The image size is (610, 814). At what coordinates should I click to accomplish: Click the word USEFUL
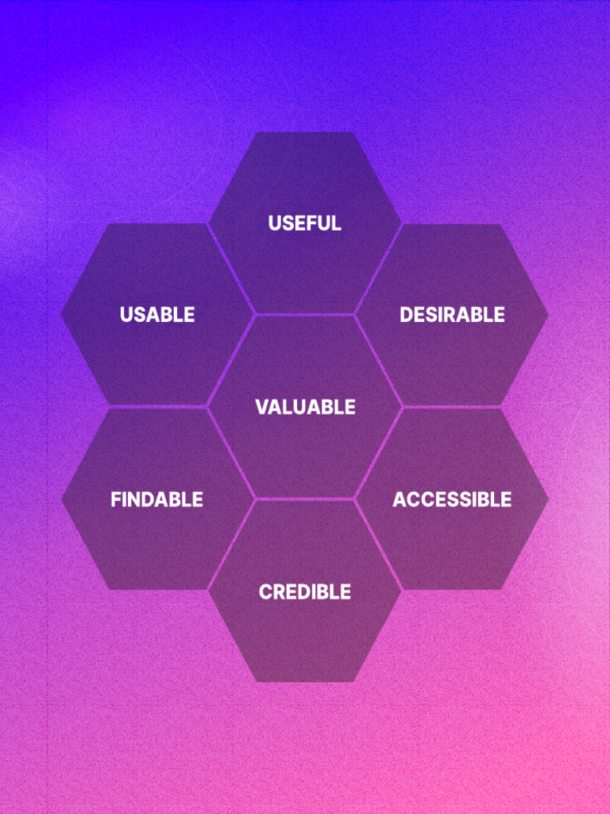click(304, 223)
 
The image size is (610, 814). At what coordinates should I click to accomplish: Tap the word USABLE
click(157, 315)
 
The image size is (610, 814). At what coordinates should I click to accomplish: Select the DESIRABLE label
click(451, 315)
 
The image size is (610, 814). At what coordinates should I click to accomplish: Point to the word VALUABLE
click(305, 407)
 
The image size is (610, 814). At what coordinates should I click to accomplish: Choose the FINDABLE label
click(156, 500)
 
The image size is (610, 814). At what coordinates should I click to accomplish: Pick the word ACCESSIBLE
click(452, 500)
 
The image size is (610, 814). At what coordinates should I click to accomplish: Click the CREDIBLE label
click(304, 592)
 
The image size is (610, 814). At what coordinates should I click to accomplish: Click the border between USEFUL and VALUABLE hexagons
click(305, 315)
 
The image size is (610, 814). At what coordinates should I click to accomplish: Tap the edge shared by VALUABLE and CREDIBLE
click(305, 499)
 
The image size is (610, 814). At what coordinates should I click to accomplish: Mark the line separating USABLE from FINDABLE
click(135, 407)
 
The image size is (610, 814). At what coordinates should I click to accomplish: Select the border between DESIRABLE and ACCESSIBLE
click(475, 407)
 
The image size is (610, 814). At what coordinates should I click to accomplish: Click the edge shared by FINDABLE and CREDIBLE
click(231, 545)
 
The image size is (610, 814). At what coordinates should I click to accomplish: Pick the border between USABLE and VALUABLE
click(231, 361)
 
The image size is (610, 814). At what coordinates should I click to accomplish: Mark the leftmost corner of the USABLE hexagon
click(61, 315)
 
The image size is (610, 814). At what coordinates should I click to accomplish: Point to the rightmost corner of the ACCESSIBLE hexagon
click(548, 499)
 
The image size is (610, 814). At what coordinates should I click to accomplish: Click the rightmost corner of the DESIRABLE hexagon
click(548, 315)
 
